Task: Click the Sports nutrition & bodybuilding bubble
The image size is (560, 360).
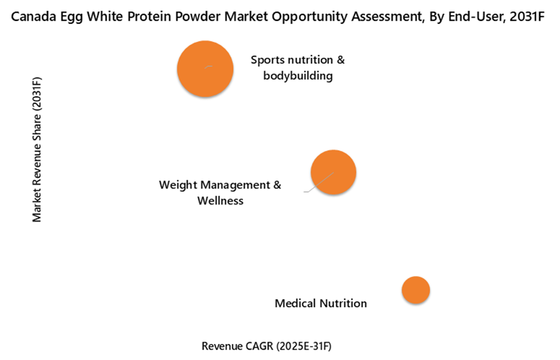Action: click(x=204, y=69)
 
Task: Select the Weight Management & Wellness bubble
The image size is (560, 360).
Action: click(x=333, y=172)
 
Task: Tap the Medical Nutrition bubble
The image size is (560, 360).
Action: click(x=415, y=290)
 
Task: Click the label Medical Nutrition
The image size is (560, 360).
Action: click(x=321, y=303)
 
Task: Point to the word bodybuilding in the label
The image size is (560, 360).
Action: click(x=297, y=76)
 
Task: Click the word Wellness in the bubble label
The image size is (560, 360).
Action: click(x=220, y=201)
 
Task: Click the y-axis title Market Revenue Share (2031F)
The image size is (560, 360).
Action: click(x=38, y=149)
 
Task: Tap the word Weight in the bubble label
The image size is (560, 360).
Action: click(x=176, y=185)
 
